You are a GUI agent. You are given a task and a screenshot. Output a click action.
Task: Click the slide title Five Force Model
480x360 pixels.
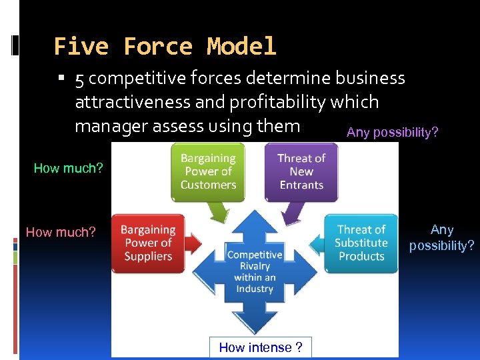165,46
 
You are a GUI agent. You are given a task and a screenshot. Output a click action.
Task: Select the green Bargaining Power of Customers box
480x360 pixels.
208,171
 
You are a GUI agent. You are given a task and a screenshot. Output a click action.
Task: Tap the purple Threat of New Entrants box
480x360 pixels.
301,171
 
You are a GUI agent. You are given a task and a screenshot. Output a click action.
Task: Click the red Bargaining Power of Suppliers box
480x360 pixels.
147,243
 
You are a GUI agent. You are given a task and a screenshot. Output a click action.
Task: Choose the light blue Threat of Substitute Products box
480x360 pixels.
361,243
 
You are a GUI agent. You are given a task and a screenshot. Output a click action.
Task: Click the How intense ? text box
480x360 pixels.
260,347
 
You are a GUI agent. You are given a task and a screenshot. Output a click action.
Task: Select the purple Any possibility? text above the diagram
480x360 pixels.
392,132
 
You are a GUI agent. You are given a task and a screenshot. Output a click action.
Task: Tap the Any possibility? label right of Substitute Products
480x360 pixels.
441,238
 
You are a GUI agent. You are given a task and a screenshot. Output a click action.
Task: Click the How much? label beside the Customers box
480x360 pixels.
68,168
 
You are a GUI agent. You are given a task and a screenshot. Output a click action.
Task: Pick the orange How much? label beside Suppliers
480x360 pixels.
61,232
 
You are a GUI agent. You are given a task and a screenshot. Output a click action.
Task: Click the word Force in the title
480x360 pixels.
157,46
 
